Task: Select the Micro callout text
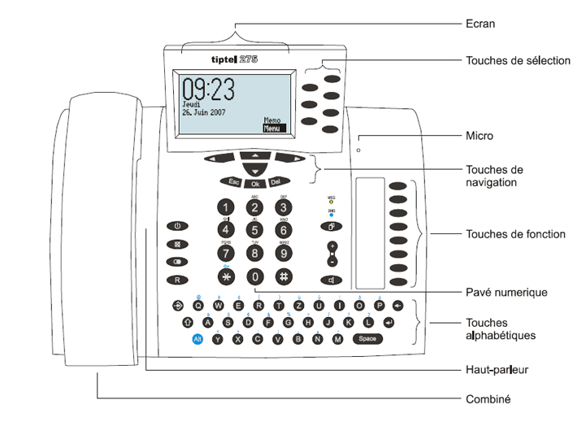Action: click(480, 136)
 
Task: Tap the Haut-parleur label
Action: click(497, 370)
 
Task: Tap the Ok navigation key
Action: click(255, 184)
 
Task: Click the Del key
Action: click(276, 182)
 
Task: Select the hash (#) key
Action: click(284, 275)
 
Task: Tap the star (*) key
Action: click(227, 275)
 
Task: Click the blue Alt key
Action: click(197, 338)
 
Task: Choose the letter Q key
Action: click(198, 306)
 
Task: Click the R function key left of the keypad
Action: click(177, 280)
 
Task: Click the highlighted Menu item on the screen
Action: click(274, 128)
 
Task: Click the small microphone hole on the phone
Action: click(358, 149)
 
